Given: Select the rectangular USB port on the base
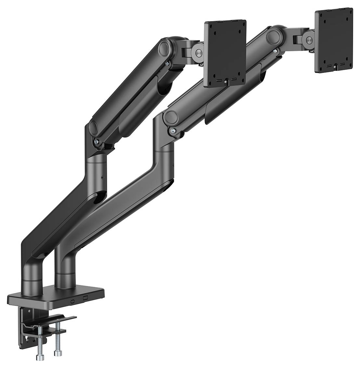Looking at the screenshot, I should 85,298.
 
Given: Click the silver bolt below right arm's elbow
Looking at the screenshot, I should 173,131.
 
